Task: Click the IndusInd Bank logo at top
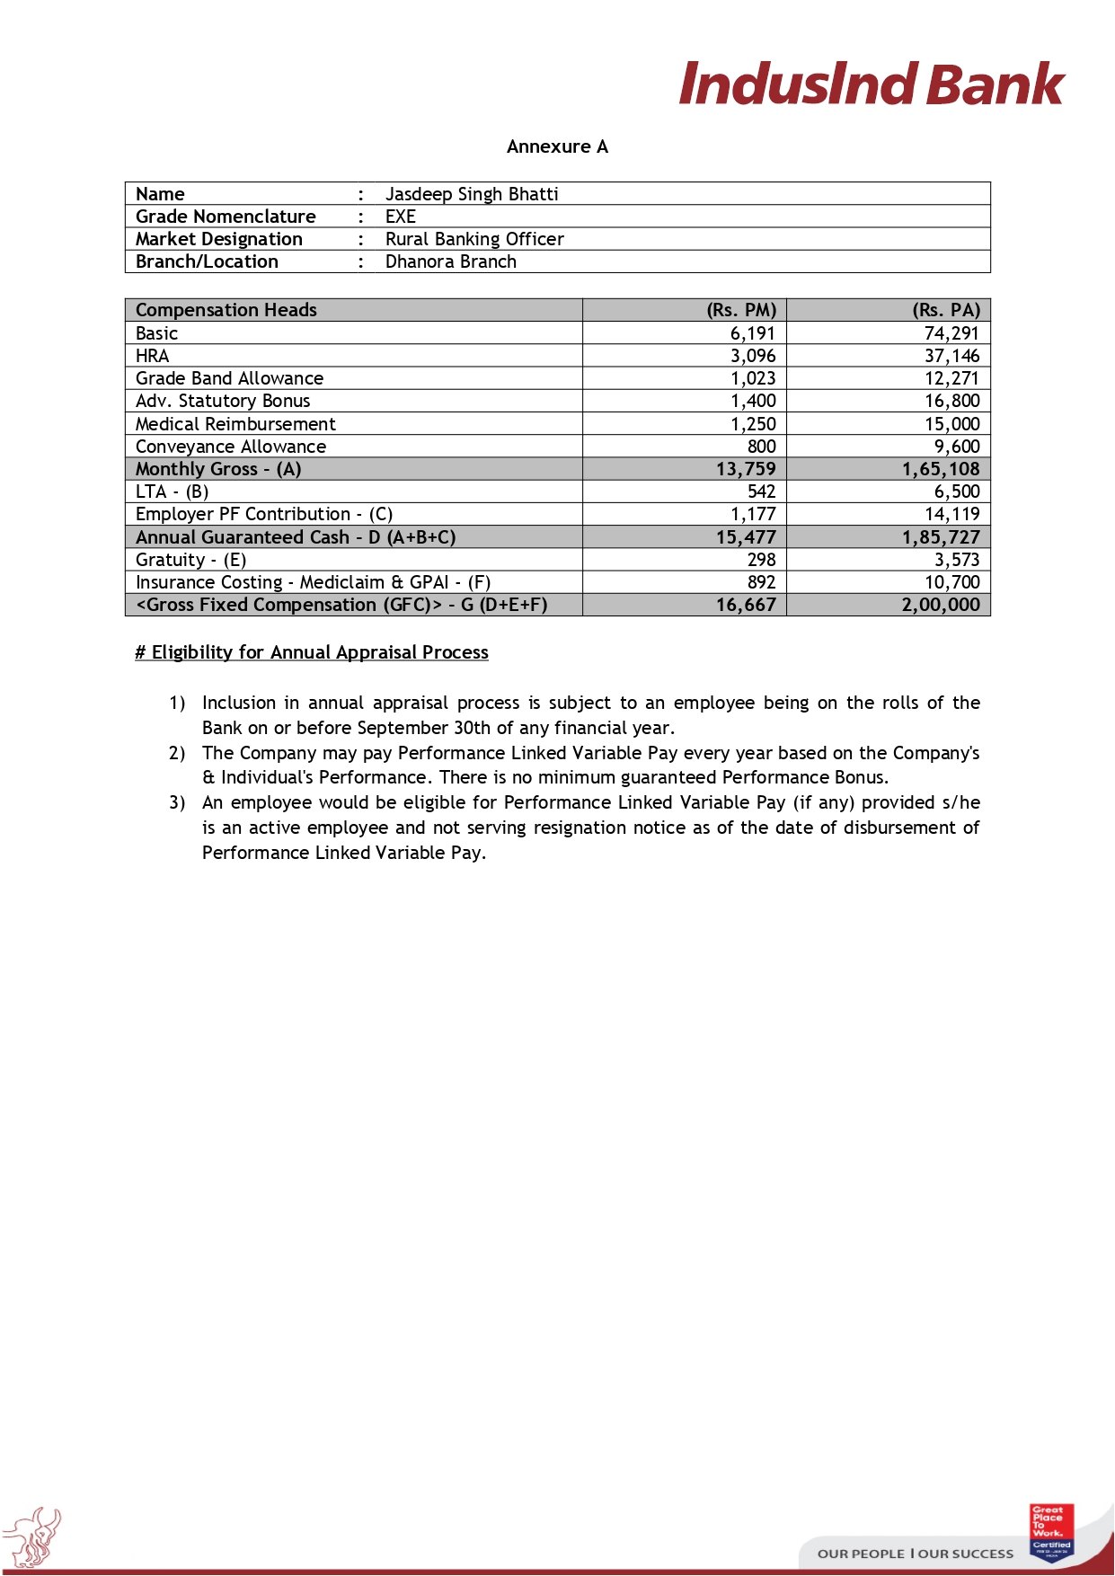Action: point(871,84)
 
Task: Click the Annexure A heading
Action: point(557,146)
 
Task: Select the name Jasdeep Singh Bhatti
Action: point(472,194)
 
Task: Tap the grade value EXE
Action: point(401,217)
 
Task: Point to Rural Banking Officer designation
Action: point(474,239)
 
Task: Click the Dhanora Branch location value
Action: point(451,261)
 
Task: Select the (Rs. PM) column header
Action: point(741,310)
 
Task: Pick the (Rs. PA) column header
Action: point(946,310)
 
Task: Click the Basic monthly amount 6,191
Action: point(753,333)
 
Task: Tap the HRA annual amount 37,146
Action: point(952,356)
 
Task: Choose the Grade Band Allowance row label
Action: point(229,378)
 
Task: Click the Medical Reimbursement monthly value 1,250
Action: point(753,424)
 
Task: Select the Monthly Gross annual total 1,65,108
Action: point(941,469)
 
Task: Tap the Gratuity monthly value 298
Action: point(762,560)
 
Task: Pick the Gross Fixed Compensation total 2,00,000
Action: point(941,605)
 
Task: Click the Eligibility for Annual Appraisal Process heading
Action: point(312,652)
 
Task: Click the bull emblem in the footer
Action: point(32,1536)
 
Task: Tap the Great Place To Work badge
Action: point(1051,1532)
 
